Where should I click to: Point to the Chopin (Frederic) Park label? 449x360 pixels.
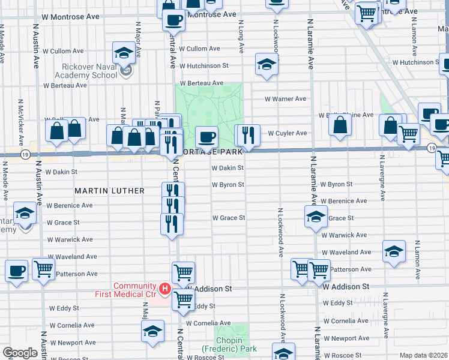[229, 344]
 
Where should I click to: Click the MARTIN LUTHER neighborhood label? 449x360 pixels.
[109, 191]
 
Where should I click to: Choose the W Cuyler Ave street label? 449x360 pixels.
[287, 133]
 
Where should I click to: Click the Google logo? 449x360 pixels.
[19, 353]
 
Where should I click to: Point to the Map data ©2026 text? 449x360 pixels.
[423, 355]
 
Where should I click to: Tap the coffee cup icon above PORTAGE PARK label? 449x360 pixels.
[206, 137]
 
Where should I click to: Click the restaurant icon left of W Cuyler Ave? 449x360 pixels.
[247, 135]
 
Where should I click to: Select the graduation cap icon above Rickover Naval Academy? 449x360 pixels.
[123, 52]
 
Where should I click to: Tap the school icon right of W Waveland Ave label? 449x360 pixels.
[394, 250]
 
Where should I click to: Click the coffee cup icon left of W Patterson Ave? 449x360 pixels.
[16, 270]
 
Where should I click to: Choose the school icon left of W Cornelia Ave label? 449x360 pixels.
[152, 331]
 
